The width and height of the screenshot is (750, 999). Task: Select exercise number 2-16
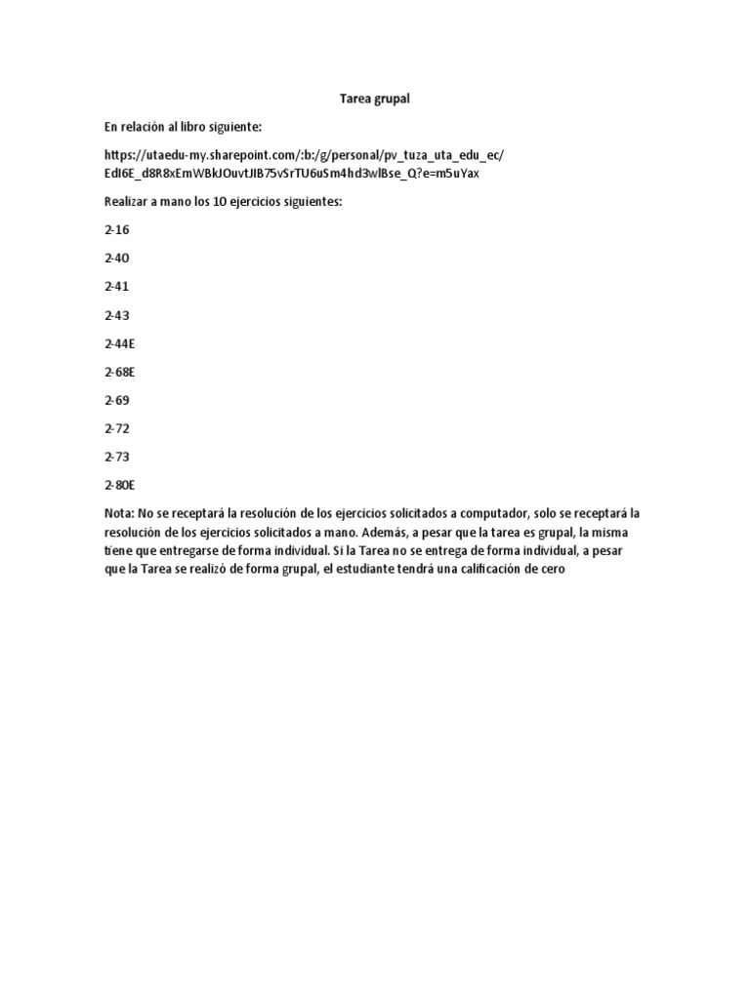point(116,230)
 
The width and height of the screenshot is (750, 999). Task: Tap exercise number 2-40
point(116,259)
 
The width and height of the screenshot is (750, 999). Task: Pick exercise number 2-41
point(116,287)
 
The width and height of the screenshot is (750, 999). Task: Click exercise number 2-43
point(116,315)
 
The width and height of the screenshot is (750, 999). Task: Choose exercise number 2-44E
point(119,343)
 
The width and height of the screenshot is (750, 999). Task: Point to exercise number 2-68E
point(119,372)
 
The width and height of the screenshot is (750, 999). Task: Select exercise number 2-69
point(116,400)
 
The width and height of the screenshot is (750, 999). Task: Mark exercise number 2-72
point(116,428)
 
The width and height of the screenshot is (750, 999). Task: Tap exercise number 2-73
point(116,457)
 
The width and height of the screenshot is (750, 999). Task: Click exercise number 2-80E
point(119,485)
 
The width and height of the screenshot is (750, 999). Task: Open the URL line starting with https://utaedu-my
point(304,155)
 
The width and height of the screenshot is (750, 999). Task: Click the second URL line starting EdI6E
point(291,174)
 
